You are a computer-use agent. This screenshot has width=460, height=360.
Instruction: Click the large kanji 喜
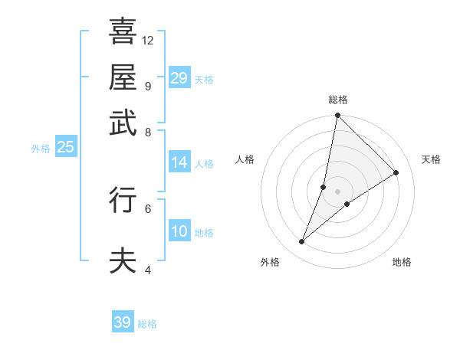tap(123, 31)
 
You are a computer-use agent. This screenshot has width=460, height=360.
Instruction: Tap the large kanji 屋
tap(123, 76)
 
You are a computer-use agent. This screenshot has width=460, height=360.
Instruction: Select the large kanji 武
tap(123, 123)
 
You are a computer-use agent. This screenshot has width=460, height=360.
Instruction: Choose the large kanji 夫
tap(123, 260)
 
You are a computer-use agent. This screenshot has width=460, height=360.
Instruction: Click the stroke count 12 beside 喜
tap(148, 40)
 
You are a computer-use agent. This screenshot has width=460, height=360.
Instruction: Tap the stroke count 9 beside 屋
tap(147, 86)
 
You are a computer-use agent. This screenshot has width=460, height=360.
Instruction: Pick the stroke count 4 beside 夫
tap(147, 270)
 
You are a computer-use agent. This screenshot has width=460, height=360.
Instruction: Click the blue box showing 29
tap(179, 78)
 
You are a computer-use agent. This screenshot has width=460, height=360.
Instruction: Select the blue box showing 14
tap(179, 162)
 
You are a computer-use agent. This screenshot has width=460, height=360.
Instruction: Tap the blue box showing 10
tap(179, 231)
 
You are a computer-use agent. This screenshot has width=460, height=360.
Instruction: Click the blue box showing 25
tap(65, 147)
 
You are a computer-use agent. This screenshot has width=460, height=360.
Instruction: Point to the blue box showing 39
tap(123, 322)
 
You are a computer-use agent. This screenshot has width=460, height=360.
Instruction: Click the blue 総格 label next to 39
tap(147, 324)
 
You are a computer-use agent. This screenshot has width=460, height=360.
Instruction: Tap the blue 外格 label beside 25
tap(41, 149)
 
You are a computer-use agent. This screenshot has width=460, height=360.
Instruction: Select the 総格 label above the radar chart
tap(338, 100)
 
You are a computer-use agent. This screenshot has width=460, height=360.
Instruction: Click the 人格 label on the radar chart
tap(245, 159)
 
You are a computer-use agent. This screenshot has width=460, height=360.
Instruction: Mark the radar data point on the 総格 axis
tap(337, 116)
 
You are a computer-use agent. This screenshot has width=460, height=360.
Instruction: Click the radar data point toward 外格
tap(302, 242)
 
